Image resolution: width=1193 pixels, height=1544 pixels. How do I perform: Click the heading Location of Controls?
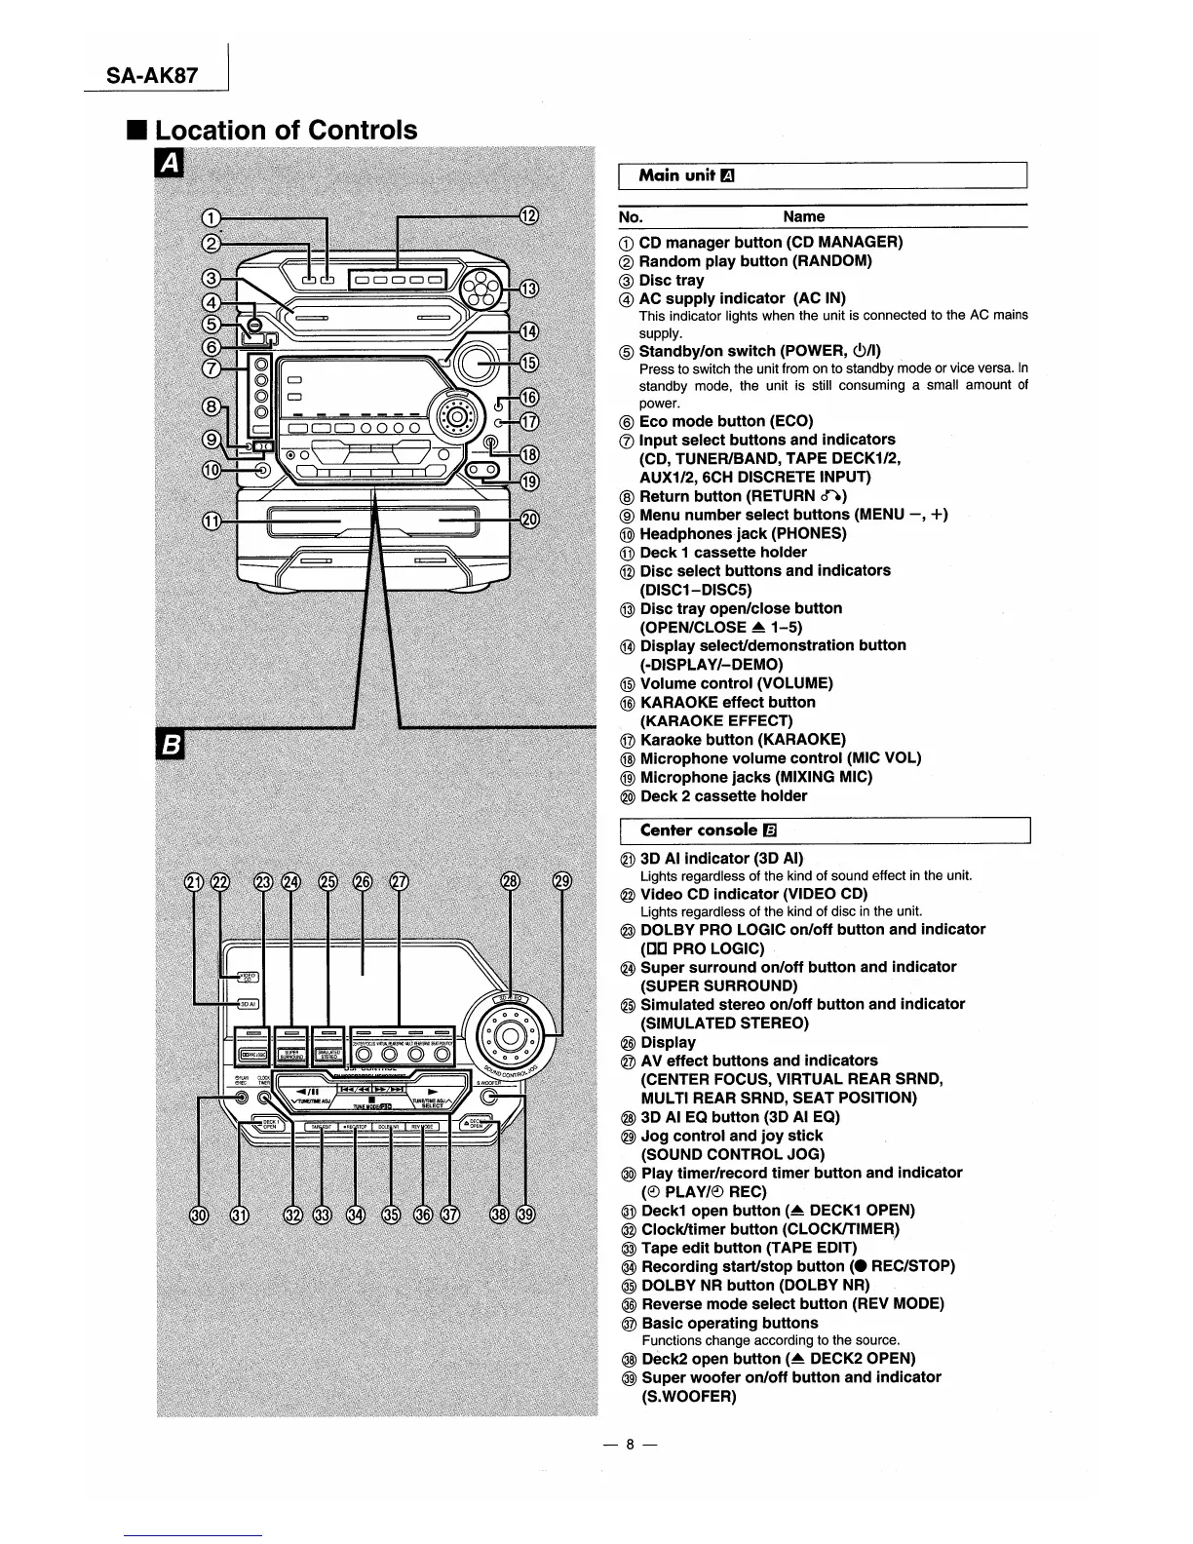286,130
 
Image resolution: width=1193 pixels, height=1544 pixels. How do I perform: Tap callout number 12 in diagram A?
527,216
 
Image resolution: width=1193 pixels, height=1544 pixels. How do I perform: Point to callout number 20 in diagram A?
527,520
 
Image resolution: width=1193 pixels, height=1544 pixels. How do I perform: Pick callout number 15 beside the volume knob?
527,364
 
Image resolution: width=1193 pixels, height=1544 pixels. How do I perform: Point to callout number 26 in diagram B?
363,882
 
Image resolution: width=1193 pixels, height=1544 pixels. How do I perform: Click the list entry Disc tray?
672,280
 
